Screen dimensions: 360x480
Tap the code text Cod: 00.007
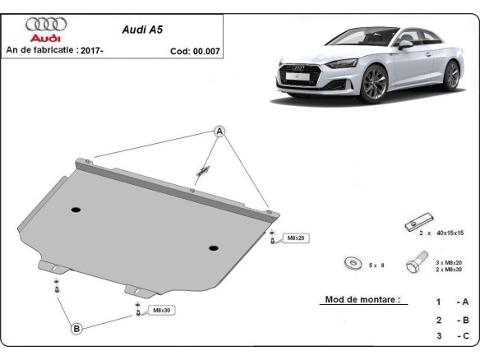[195, 51]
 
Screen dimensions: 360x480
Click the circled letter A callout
[220, 132]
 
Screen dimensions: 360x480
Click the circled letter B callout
[76, 329]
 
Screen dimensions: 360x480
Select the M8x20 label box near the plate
[295, 238]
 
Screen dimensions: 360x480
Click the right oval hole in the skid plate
[214, 247]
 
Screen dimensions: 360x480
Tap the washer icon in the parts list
[353, 264]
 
